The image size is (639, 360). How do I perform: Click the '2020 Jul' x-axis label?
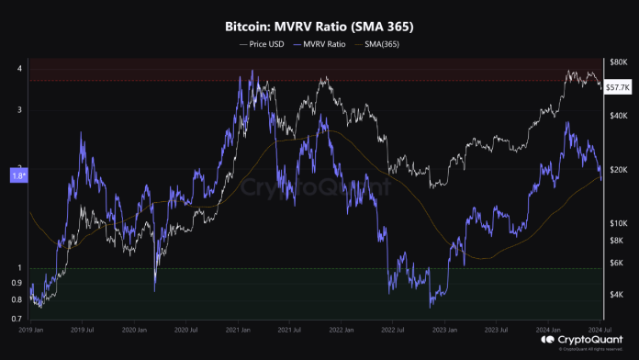click(x=189, y=327)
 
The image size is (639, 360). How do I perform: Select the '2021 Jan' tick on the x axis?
click(x=241, y=327)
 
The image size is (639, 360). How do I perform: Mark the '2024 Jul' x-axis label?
click(x=602, y=327)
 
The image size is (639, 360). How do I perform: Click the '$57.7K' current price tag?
click(x=618, y=86)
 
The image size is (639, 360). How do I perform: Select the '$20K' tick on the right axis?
click(x=619, y=169)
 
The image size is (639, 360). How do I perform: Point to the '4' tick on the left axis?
click(x=20, y=69)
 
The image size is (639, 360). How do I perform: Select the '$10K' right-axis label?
click(x=619, y=223)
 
